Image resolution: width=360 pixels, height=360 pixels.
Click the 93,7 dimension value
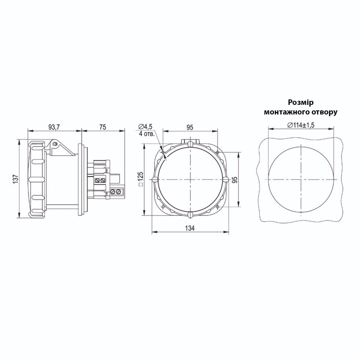point(54,127)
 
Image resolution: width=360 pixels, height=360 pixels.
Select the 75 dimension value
point(103,127)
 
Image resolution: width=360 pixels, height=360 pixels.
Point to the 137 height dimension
point(15,178)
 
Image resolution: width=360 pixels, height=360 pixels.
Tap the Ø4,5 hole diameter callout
point(145,126)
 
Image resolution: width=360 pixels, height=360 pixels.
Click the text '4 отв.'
point(147,134)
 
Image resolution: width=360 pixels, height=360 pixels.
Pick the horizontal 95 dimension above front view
point(190,127)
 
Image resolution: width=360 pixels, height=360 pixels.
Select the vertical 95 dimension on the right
point(234,180)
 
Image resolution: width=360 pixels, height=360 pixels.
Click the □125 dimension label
point(140,179)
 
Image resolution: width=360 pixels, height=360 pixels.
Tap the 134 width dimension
point(190,228)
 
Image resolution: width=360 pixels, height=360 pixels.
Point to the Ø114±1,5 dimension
point(301,125)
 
